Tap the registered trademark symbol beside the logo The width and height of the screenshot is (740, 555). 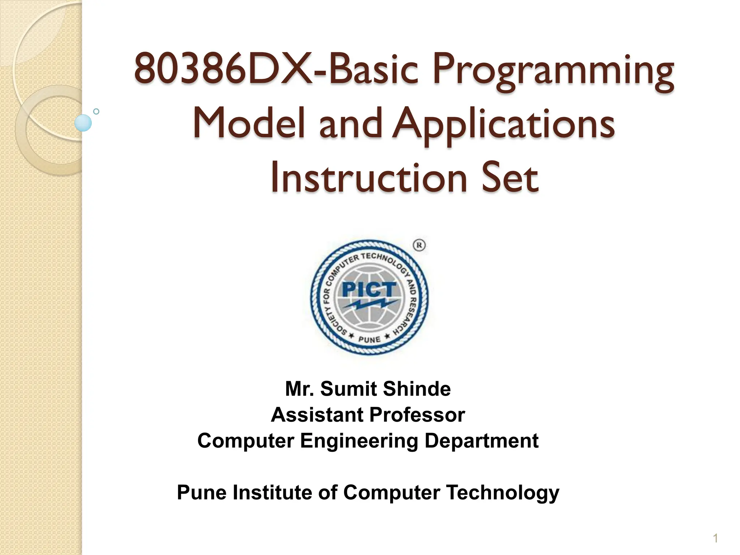click(x=419, y=245)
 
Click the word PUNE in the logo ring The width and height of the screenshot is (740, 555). click(x=369, y=339)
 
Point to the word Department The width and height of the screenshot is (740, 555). click(x=481, y=441)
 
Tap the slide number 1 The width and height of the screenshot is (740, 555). click(x=715, y=539)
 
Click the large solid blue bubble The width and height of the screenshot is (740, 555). click(x=83, y=123)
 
